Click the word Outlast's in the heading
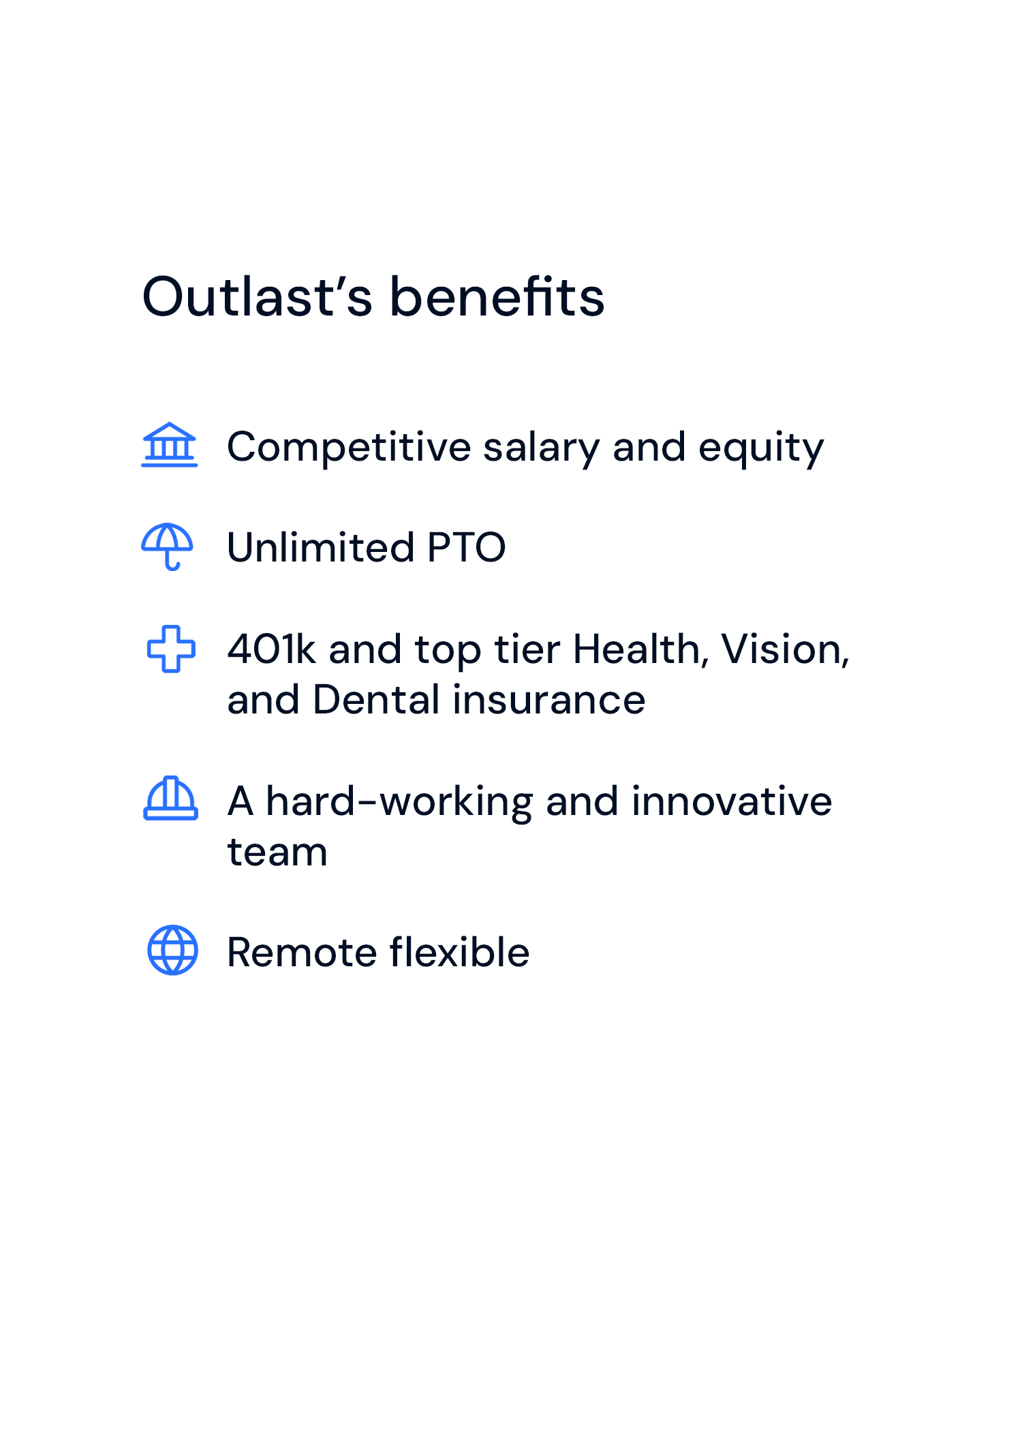pyautogui.click(x=258, y=296)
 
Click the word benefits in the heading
pyautogui.click(x=497, y=296)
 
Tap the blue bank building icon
pyautogui.click(x=170, y=445)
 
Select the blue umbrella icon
pyautogui.click(x=168, y=547)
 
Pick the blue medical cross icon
pyautogui.click(x=171, y=648)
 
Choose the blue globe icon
pyautogui.click(x=173, y=950)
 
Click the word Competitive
pyautogui.click(x=349, y=448)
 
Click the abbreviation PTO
pyautogui.click(x=467, y=547)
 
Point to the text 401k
pyautogui.click(x=272, y=649)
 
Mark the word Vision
pyautogui.click(x=786, y=649)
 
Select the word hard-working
pyautogui.click(x=399, y=803)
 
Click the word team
pyautogui.click(x=277, y=852)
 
